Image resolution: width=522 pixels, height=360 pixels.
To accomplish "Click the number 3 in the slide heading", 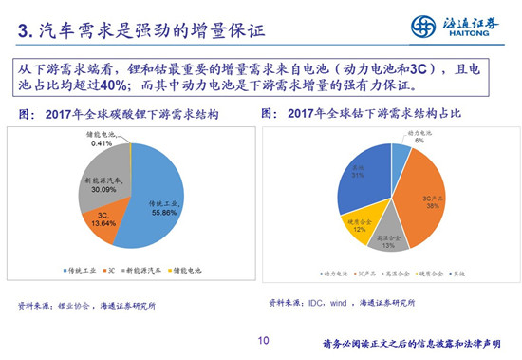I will pyautogui.click(x=24, y=31).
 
